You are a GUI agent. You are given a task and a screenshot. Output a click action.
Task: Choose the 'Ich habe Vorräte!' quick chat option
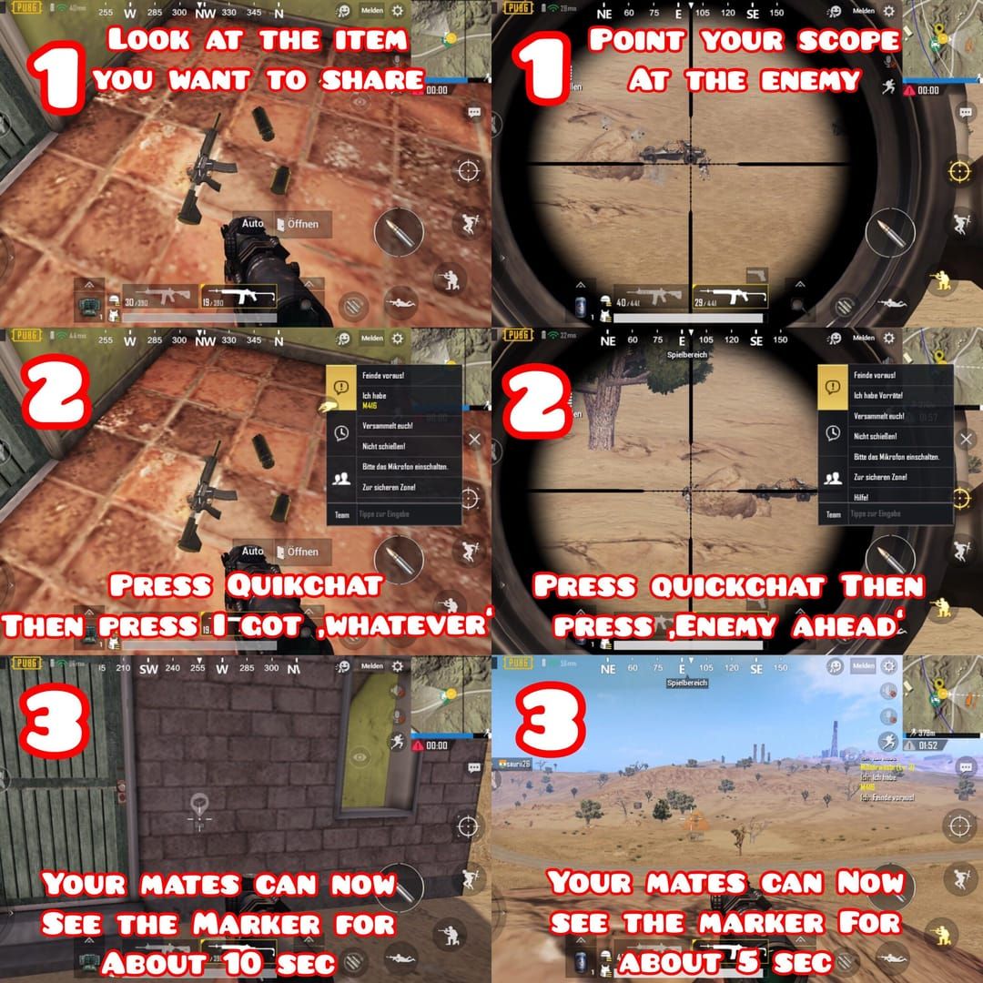(x=877, y=395)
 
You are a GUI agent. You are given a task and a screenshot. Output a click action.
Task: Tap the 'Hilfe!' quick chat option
(x=861, y=497)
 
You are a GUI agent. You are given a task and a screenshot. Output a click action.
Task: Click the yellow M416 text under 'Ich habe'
(x=371, y=407)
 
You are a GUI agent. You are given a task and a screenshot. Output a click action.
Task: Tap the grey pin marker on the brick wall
(x=198, y=805)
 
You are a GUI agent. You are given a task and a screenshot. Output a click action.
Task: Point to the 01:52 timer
(x=928, y=745)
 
